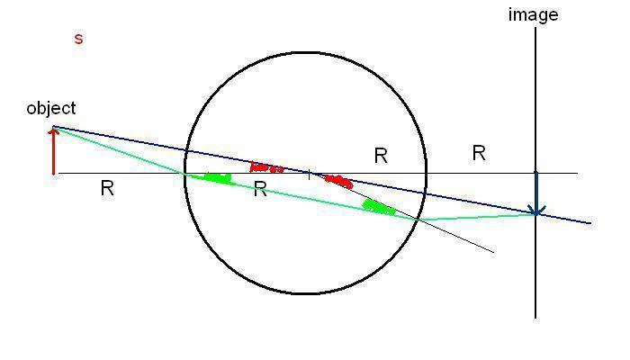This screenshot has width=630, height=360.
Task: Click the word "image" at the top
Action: tap(533, 15)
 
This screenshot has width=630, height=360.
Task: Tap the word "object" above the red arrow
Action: tap(51, 108)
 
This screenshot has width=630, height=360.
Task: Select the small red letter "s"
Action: tap(78, 39)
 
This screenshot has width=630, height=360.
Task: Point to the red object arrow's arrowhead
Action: tap(54, 131)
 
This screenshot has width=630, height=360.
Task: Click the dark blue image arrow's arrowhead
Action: tap(536, 211)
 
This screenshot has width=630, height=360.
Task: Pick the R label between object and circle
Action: tap(107, 189)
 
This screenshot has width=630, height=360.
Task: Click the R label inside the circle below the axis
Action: tap(260, 189)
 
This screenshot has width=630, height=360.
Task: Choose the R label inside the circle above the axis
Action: tap(381, 156)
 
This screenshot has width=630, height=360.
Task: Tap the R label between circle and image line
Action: tap(479, 153)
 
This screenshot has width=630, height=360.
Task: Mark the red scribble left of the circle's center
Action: tap(265, 167)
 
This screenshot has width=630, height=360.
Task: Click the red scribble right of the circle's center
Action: tap(338, 181)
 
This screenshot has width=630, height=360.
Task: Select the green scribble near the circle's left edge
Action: tap(217, 177)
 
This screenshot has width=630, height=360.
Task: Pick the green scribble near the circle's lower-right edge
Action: tap(379, 208)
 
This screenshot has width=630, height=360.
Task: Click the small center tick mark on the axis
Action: tap(310, 173)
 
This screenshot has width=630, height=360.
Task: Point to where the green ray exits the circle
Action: tap(418, 219)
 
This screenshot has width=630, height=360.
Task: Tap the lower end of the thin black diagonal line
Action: tap(493, 253)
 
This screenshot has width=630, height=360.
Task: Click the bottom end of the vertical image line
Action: tap(535, 318)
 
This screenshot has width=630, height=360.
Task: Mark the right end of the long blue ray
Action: tap(590, 222)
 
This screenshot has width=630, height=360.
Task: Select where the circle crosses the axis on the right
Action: tap(426, 173)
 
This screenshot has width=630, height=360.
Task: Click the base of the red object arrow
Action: tap(54, 173)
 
